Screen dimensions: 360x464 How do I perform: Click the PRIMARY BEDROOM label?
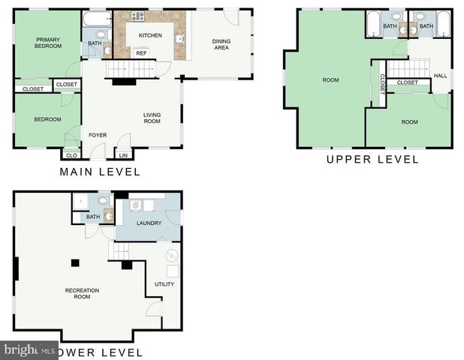48,43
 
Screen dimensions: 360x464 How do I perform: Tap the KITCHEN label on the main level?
149,35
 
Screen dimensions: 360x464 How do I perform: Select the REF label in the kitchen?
141,53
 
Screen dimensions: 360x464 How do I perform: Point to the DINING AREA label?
221,44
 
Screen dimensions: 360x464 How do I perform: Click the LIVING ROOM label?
152,118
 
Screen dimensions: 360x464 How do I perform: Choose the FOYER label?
98,135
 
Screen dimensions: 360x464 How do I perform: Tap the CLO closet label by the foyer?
71,155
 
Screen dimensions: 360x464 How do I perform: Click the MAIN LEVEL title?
100,172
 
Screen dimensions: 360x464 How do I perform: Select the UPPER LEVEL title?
372,159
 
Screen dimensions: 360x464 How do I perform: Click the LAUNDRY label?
149,223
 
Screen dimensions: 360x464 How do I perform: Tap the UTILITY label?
164,284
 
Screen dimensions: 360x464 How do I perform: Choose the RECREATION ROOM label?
82,293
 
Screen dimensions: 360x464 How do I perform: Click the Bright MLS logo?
30,350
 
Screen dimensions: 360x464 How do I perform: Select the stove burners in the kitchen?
138,16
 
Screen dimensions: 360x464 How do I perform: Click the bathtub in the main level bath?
96,19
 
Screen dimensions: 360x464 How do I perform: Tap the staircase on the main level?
124,70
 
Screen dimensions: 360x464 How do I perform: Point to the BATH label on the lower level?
92,217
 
